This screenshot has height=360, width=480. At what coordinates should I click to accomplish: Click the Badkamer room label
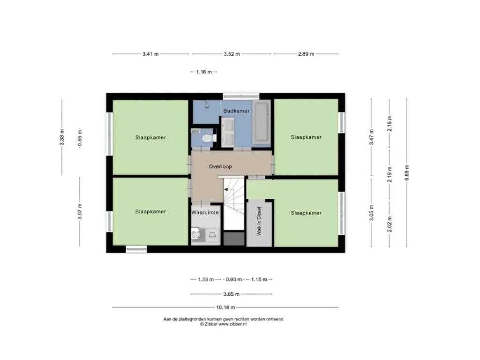pos(236,111)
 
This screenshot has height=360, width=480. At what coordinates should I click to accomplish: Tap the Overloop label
pos(220,166)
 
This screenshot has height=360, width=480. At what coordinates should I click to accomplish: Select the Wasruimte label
pos(205,212)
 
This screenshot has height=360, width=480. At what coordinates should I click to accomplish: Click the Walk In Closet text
pos(259,221)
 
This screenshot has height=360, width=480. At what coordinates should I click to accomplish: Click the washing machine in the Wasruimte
pos(212,235)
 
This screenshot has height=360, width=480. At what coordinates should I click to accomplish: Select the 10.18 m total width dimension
pos(225,307)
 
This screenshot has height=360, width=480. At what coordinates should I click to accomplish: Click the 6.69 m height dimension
pos(407,172)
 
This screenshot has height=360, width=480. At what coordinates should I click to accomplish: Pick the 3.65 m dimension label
pos(232,294)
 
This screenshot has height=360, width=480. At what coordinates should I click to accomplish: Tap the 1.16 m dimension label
pos(204,72)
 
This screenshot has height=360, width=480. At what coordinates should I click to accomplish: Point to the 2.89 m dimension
pos(306,54)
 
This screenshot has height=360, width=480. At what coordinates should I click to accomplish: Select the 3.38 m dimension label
pos(62,137)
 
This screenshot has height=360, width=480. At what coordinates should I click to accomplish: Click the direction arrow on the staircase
pos(226,190)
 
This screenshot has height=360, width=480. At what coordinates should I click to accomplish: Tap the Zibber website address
pos(232,324)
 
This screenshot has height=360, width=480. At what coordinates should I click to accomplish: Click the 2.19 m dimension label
pos(390,174)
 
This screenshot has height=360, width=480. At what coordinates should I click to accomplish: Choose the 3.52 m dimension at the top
pos(232,54)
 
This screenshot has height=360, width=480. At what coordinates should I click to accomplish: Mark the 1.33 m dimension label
pos(206,279)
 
